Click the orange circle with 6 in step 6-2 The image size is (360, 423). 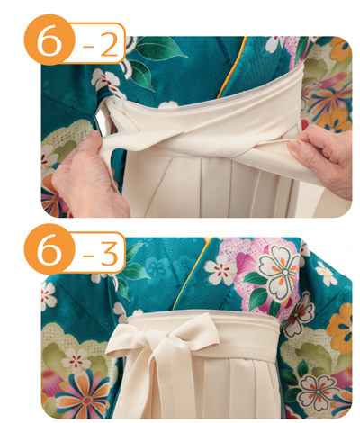(49, 40)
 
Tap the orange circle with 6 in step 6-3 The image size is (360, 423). (49, 249)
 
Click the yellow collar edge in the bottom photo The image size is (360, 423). (192, 273)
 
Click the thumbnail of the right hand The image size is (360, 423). (295, 146)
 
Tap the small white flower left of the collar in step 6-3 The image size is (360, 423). (220, 269)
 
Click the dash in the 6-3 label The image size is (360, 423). (88, 255)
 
